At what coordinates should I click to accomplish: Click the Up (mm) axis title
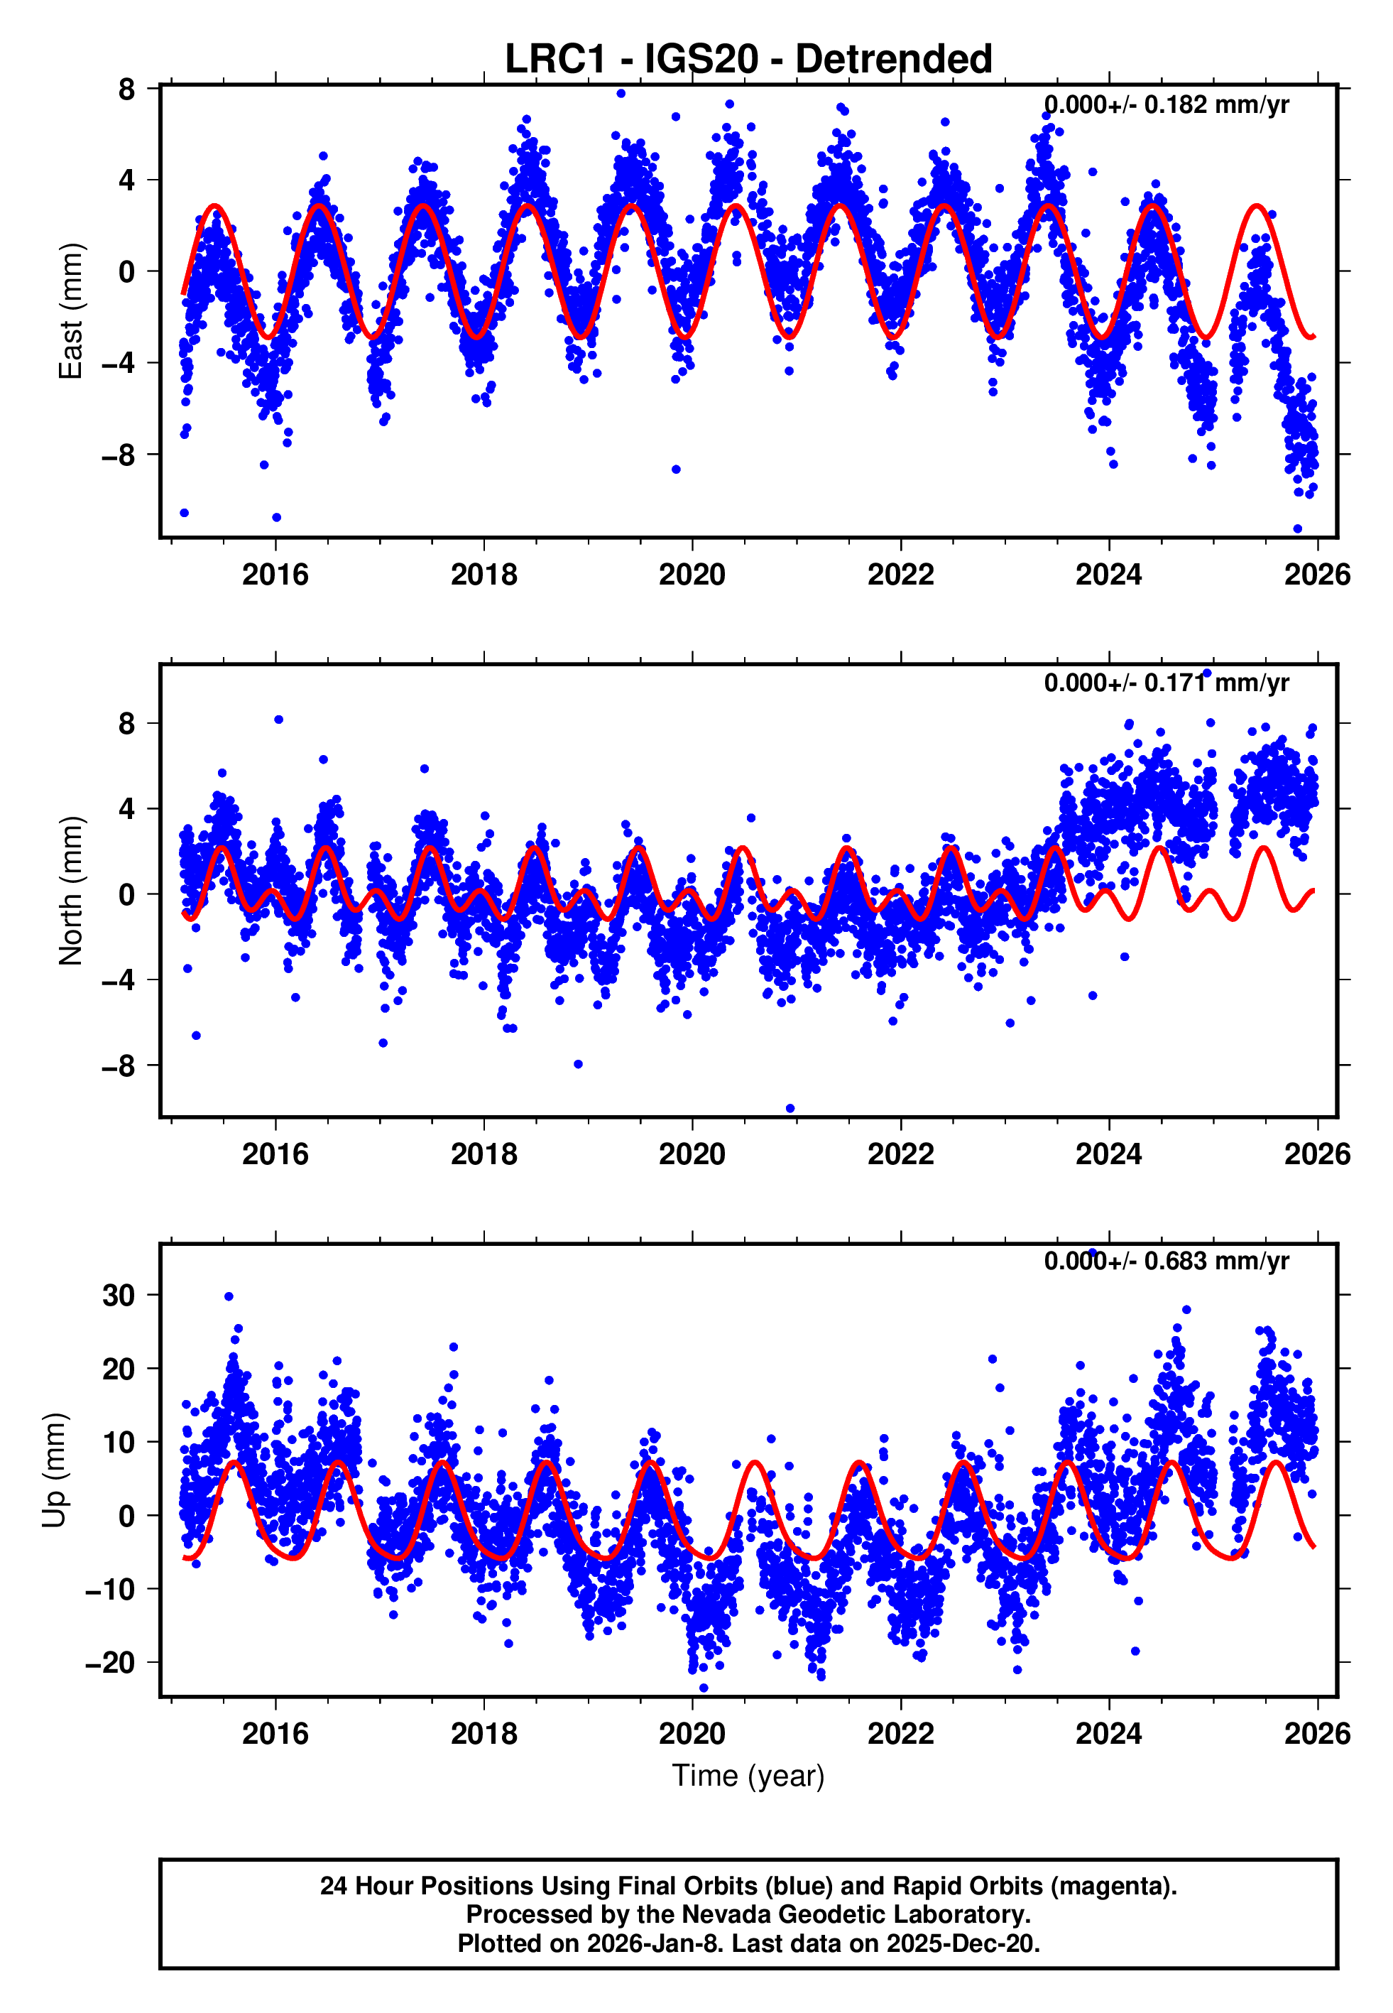tap(54, 1470)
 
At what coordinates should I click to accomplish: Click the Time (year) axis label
tap(748, 1776)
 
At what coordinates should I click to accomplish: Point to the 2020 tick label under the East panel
tap(692, 575)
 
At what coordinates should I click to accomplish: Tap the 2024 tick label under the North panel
tap(1108, 1154)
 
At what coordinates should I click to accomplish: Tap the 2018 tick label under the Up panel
tap(484, 1734)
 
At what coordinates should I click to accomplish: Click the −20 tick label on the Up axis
tap(110, 1663)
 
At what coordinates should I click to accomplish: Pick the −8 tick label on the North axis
tap(118, 1066)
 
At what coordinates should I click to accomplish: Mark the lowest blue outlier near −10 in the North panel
tap(790, 1109)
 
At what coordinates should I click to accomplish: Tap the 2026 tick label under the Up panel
tap(1316, 1734)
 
